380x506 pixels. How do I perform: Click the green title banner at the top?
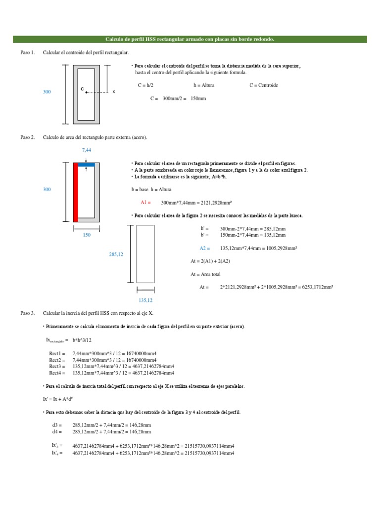click(190, 39)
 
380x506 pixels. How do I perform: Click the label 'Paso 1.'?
click(27, 52)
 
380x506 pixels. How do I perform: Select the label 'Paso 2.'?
click(27, 137)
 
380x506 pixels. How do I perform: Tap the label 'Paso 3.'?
click(27, 313)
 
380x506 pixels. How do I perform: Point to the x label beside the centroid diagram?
click(114, 92)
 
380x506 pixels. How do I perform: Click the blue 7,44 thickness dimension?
click(87, 150)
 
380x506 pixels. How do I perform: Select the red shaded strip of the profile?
click(76, 192)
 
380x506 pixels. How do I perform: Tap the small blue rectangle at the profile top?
click(86, 165)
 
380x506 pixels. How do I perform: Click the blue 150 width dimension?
click(87, 235)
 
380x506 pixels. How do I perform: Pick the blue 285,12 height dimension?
click(116, 254)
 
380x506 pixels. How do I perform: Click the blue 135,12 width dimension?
click(145, 300)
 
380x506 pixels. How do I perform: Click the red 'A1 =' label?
click(145, 203)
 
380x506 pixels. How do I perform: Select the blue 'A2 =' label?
click(205, 248)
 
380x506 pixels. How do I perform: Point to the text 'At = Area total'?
click(205, 274)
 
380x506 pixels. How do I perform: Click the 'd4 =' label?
click(57, 431)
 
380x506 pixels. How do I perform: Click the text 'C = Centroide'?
click(264, 85)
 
